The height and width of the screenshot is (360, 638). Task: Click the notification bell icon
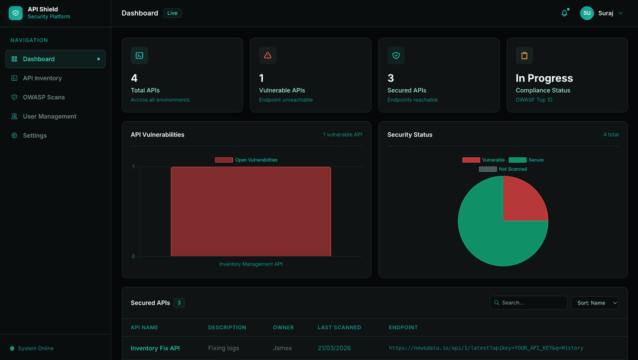click(x=564, y=13)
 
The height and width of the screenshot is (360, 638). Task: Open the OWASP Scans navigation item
click(x=44, y=97)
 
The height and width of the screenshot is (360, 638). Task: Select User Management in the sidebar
click(x=50, y=116)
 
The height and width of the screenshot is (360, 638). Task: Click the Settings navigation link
click(x=35, y=135)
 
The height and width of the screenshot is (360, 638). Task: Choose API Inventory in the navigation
click(x=42, y=78)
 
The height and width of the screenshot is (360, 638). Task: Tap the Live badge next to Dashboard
click(x=172, y=13)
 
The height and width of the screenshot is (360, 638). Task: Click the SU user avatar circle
click(x=587, y=13)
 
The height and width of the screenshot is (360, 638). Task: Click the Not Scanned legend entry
click(x=503, y=169)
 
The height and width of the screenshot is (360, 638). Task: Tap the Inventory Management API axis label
click(x=250, y=264)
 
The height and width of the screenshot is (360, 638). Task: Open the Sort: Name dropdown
click(x=595, y=303)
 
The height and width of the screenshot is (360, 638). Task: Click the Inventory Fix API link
click(x=155, y=348)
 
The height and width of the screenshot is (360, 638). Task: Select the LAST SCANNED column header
click(x=339, y=327)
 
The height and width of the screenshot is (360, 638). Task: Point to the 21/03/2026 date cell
click(x=334, y=348)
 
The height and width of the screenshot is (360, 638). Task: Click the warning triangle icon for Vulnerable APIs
click(x=268, y=55)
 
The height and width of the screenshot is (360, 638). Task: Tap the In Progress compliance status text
click(x=544, y=78)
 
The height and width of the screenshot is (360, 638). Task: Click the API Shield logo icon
click(x=15, y=13)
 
